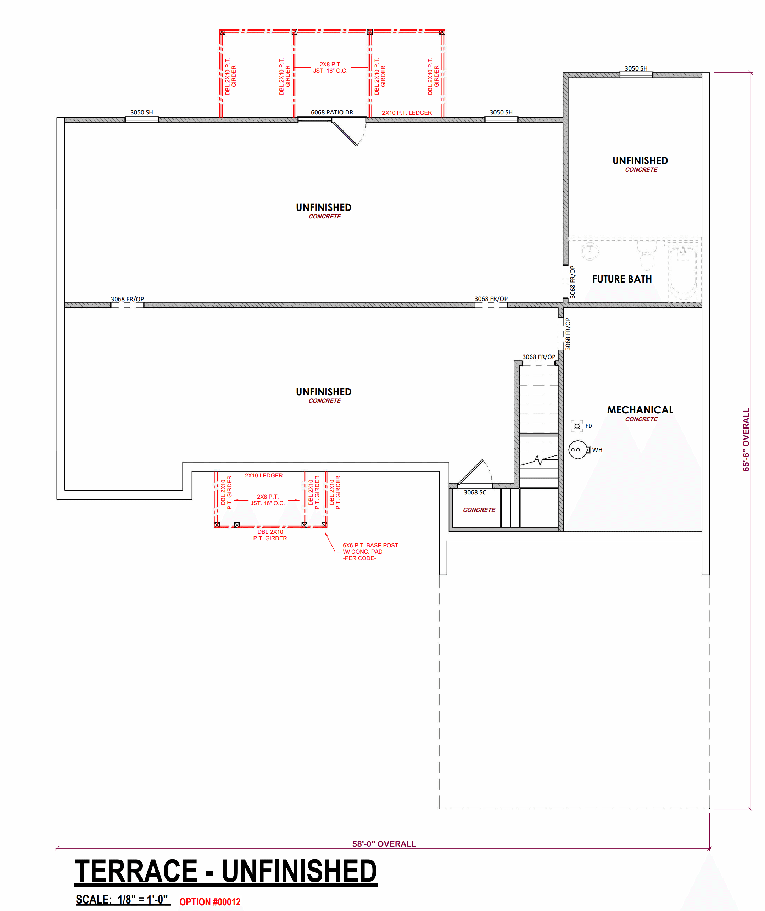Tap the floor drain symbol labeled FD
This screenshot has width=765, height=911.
tap(577, 426)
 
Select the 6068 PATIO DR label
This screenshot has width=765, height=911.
tap(332, 112)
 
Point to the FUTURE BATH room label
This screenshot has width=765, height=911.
tap(622, 279)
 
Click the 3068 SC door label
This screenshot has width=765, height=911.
tap(475, 492)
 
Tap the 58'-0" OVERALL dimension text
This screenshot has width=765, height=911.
tap(384, 844)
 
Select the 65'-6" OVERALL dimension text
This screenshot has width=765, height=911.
tap(746, 440)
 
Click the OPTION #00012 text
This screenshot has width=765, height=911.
tap(210, 902)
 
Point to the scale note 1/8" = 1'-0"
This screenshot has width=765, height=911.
tap(143, 900)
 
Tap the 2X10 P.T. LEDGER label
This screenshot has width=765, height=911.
tap(407, 113)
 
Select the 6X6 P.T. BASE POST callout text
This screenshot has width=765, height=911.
tap(370, 545)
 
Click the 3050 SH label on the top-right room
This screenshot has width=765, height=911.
tap(636, 68)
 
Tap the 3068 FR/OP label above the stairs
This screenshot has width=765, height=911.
tap(538, 357)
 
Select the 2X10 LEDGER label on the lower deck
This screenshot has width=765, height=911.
tap(263, 475)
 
